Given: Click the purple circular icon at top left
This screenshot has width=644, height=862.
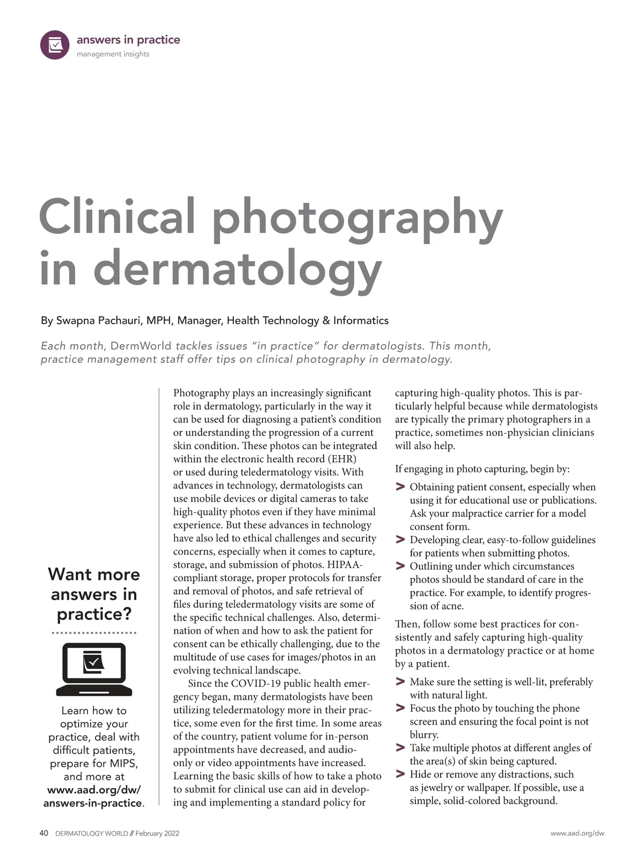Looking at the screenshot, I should [55, 45].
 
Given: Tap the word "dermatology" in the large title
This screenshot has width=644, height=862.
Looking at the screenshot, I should [237, 268].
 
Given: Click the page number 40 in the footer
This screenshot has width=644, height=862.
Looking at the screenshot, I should [44, 833].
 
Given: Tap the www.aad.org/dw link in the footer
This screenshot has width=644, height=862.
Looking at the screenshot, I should [577, 834].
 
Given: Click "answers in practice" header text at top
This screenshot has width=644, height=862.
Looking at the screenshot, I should [128, 40].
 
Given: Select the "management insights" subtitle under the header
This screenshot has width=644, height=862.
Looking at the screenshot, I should [113, 54].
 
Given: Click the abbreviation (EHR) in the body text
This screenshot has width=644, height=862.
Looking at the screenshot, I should [340, 459].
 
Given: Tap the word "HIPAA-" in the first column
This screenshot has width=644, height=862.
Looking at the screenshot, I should [345, 565].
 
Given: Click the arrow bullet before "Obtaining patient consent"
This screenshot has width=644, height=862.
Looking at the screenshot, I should [400, 487].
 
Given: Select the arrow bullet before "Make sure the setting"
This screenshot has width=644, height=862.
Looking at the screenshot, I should [400, 682].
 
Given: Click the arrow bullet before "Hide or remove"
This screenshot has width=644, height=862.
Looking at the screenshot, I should [400, 774].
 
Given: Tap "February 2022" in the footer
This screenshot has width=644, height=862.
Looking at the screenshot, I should [157, 834].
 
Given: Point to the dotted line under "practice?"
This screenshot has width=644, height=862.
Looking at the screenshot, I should [94, 633].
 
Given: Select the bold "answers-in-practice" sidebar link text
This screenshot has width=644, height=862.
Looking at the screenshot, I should [93, 803].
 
